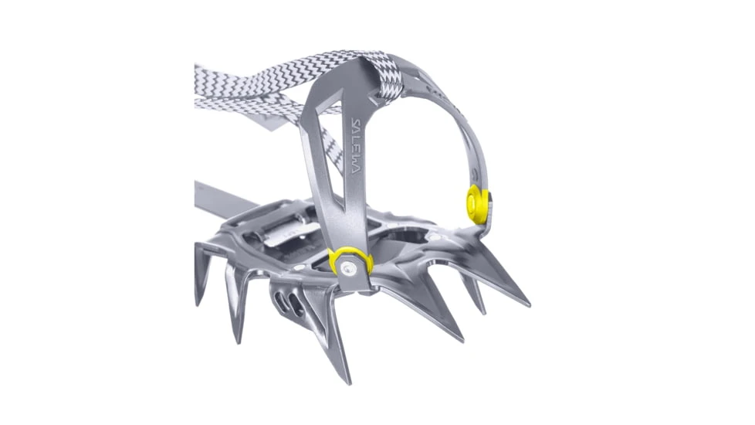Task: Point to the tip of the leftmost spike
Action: (198, 305)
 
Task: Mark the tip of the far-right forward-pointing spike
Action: (530, 305)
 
